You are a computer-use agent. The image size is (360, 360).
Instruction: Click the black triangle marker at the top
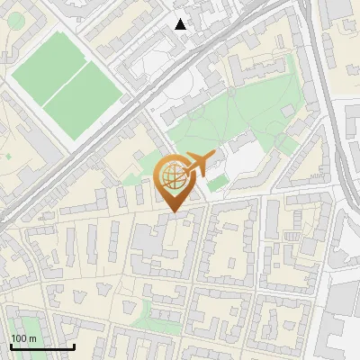pos(181,24)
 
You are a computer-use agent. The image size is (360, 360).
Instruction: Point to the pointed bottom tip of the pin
pos(173,212)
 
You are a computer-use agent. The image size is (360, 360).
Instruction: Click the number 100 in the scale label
pos(20,338)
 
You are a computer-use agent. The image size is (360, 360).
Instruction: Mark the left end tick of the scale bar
pos(10,346)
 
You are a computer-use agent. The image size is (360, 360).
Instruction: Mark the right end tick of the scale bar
pos(74,346)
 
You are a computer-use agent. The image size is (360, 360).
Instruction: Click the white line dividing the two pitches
pos(65,81)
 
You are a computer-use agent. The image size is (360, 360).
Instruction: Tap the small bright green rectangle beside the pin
pos(216,184)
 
